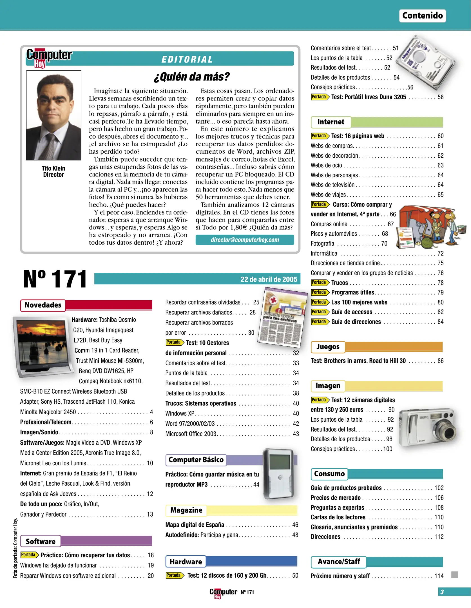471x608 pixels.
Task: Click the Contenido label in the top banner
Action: (x=422, y=15)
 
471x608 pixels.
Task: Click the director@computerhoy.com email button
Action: (x=245, y=240)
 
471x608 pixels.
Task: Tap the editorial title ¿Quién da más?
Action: (x=191, y=77)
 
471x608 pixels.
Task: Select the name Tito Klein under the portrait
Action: (x=53, y=168)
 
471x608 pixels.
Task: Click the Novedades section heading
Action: (x=43, y=305)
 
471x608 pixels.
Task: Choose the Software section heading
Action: (x=41, y=541)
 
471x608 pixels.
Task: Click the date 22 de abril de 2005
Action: (x=269, y=279)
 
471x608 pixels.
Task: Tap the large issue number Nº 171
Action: (x=55, y=279)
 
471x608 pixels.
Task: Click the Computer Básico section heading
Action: (x=196, y=460)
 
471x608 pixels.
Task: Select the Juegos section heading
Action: (x=328, y=347)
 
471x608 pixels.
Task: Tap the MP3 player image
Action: (x=279, y=473)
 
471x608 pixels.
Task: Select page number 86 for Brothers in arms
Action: (x=440, y=361)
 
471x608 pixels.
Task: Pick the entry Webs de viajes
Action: (x=328, y=195)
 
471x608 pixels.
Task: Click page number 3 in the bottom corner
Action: (x=442, y=592)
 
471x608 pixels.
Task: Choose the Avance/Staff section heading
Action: (x=338, y=562)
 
